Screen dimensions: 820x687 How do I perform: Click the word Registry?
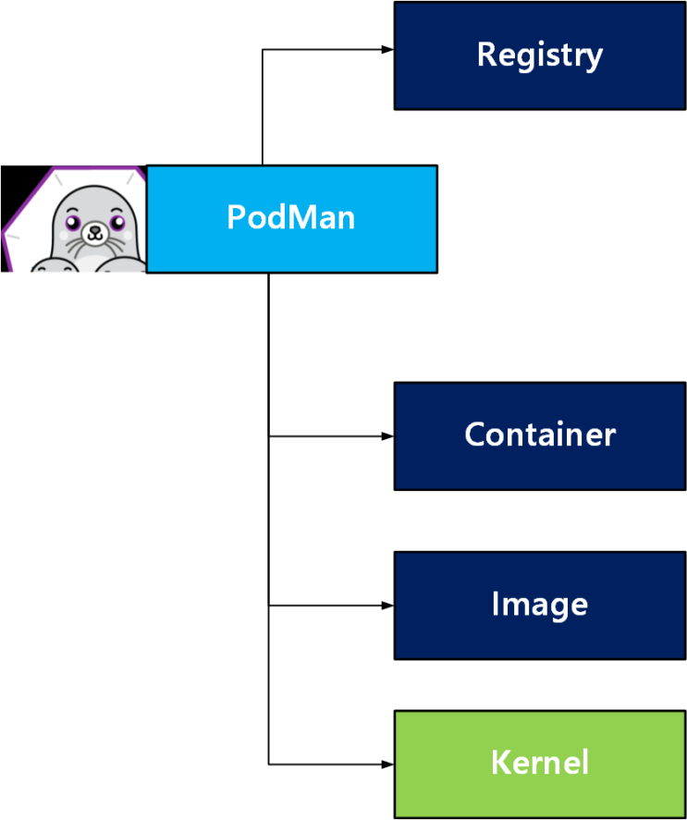tap(539, 55)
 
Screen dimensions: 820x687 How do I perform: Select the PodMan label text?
tap(291, 218)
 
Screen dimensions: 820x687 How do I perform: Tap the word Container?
tap(539, 434)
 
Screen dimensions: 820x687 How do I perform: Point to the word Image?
tap(539, 605)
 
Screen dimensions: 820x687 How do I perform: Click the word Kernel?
tap(539, 764)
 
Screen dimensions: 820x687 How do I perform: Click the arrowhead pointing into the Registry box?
tap(388, 50)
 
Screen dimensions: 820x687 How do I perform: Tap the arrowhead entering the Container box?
tap(388, 435)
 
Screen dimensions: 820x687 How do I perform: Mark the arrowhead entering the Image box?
tap(388, 606)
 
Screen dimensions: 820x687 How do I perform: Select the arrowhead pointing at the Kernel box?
tap(388, 765)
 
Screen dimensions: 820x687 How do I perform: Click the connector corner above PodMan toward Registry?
tap(264, 50)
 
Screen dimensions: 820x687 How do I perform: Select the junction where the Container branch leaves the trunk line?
tap(269, 435)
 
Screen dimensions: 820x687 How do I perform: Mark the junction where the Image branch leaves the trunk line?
tap(269, 606)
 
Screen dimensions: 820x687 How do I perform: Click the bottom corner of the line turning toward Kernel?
tap(269, 765)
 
